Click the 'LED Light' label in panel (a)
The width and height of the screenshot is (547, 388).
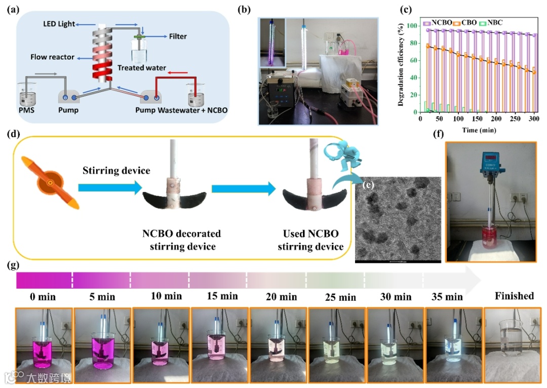pyautogui.click(x=60, y=24)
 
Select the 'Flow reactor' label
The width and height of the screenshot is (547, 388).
pyautogui.click(x=52, y=57)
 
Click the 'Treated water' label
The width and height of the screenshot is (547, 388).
pyautogui.click(x=141, y=67)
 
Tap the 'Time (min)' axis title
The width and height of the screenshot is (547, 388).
pyautogui.click(x=478, y=130)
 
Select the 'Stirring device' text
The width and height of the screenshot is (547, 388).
pyautogui.click(x=116, y=171)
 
